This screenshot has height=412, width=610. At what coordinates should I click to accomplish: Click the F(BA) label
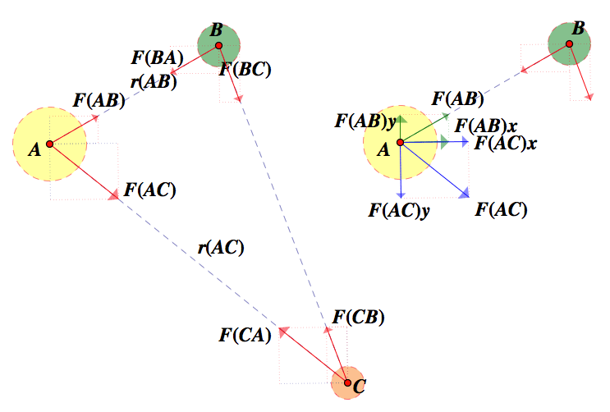click(157, 58)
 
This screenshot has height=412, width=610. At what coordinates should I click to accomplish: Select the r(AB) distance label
click(154, 81)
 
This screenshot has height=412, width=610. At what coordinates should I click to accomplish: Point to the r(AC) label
click(221, 247)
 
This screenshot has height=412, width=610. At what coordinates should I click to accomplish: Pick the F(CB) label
click(358, 317)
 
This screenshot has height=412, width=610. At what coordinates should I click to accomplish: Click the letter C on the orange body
click(358, 384)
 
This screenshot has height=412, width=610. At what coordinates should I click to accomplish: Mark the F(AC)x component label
click(506, 142)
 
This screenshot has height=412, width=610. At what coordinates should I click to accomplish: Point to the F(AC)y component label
click(400, 209)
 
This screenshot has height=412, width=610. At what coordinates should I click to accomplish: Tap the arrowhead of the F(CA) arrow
click(282, 331)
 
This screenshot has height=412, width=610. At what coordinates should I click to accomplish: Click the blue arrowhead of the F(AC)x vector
click(465, 142)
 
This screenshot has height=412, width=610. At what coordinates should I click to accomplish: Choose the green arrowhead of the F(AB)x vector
click(444, 142)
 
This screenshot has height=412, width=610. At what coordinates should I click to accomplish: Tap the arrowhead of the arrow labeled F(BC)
click(239, 98)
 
